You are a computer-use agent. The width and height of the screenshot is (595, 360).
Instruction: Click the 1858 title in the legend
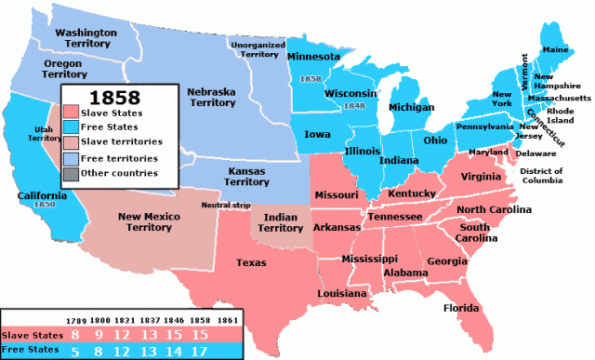[115, 96]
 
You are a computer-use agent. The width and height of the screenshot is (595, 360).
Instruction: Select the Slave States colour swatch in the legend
[73, 112]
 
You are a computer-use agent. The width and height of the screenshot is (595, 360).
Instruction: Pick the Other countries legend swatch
[73, 174]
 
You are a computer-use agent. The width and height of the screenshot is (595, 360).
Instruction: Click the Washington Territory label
[86, 38]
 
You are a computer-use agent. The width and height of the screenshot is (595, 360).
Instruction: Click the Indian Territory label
[279, 221]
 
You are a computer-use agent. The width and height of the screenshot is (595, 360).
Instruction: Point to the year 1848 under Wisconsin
[349, 106]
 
